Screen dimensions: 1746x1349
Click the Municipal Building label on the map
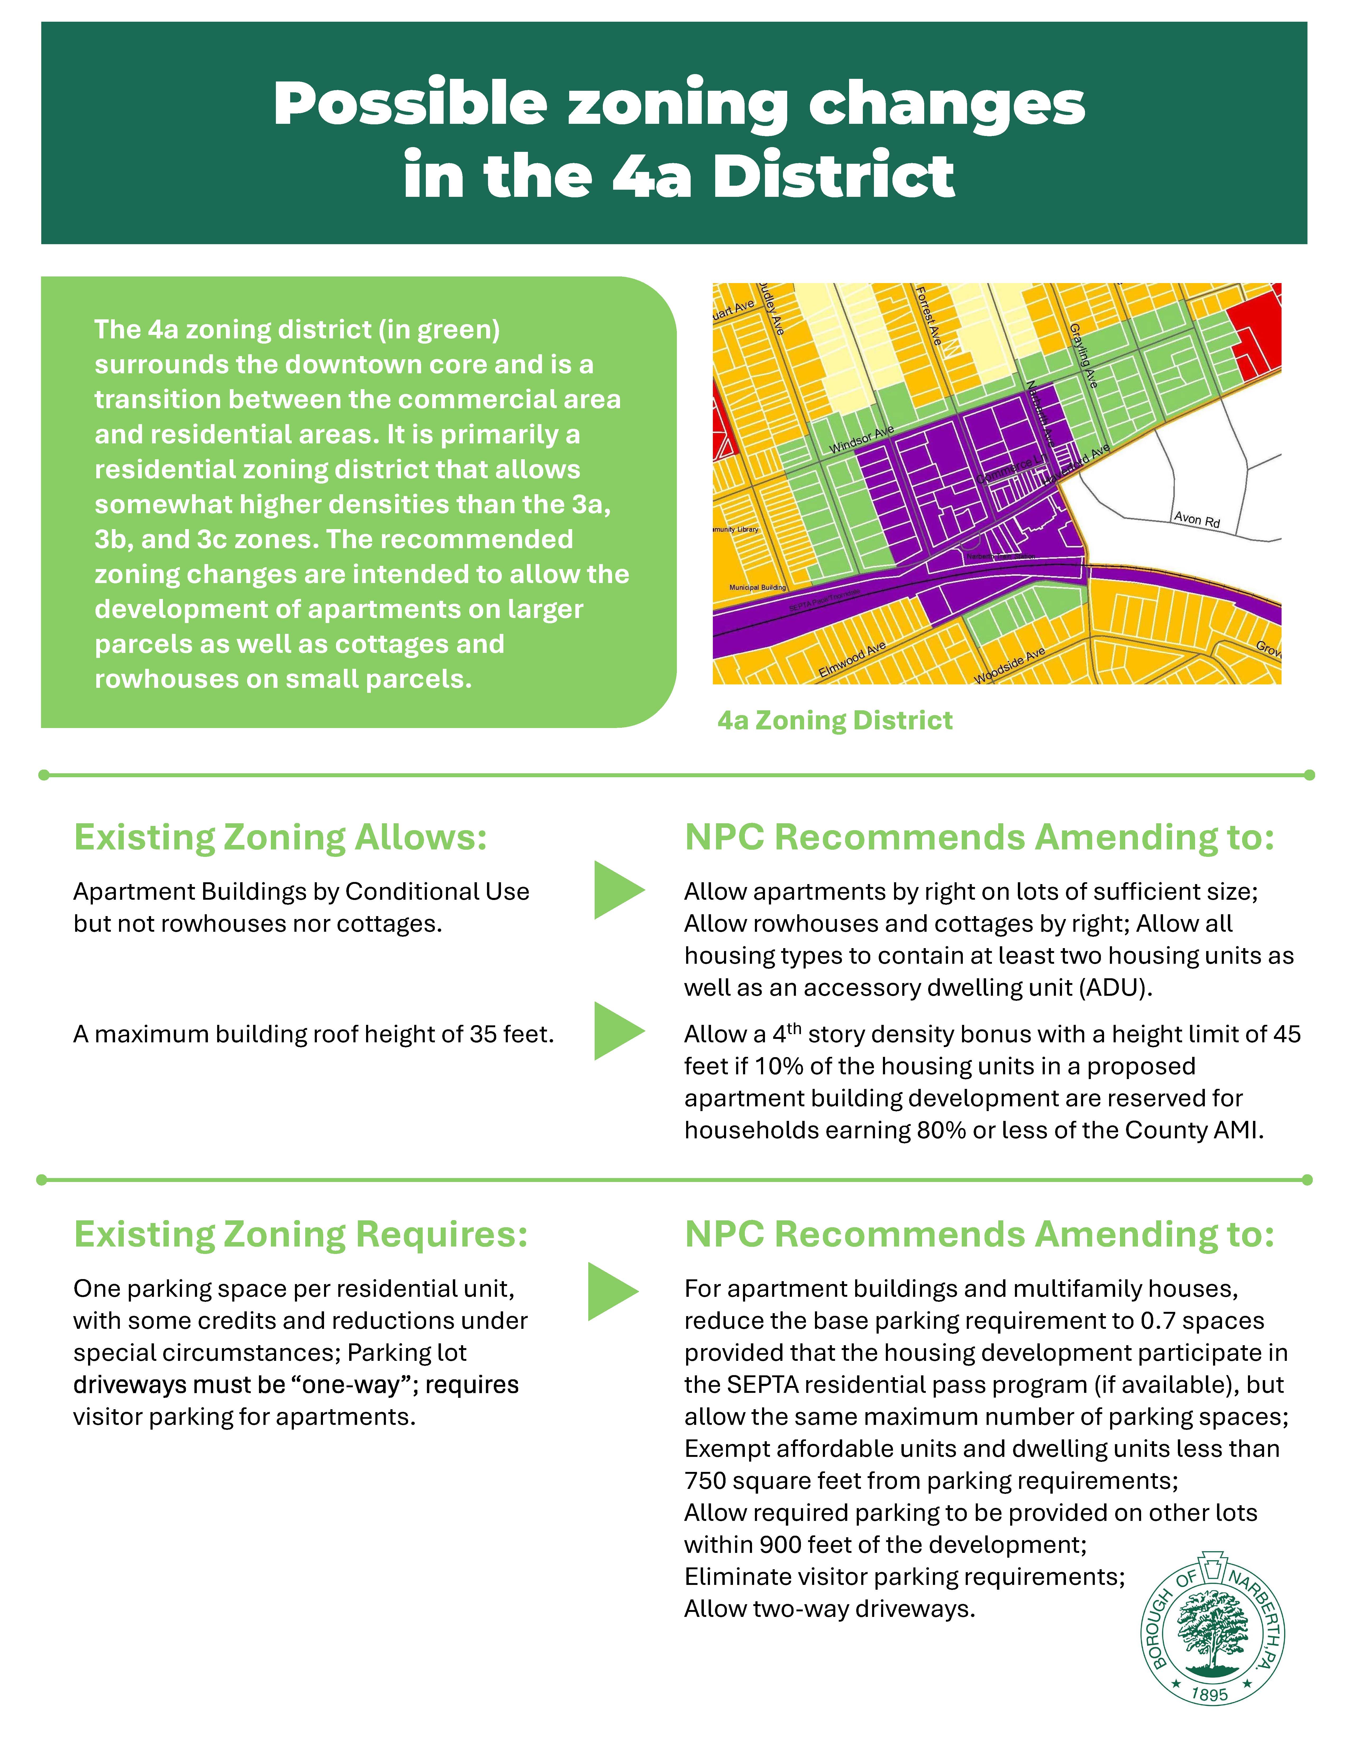point(757,588)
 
